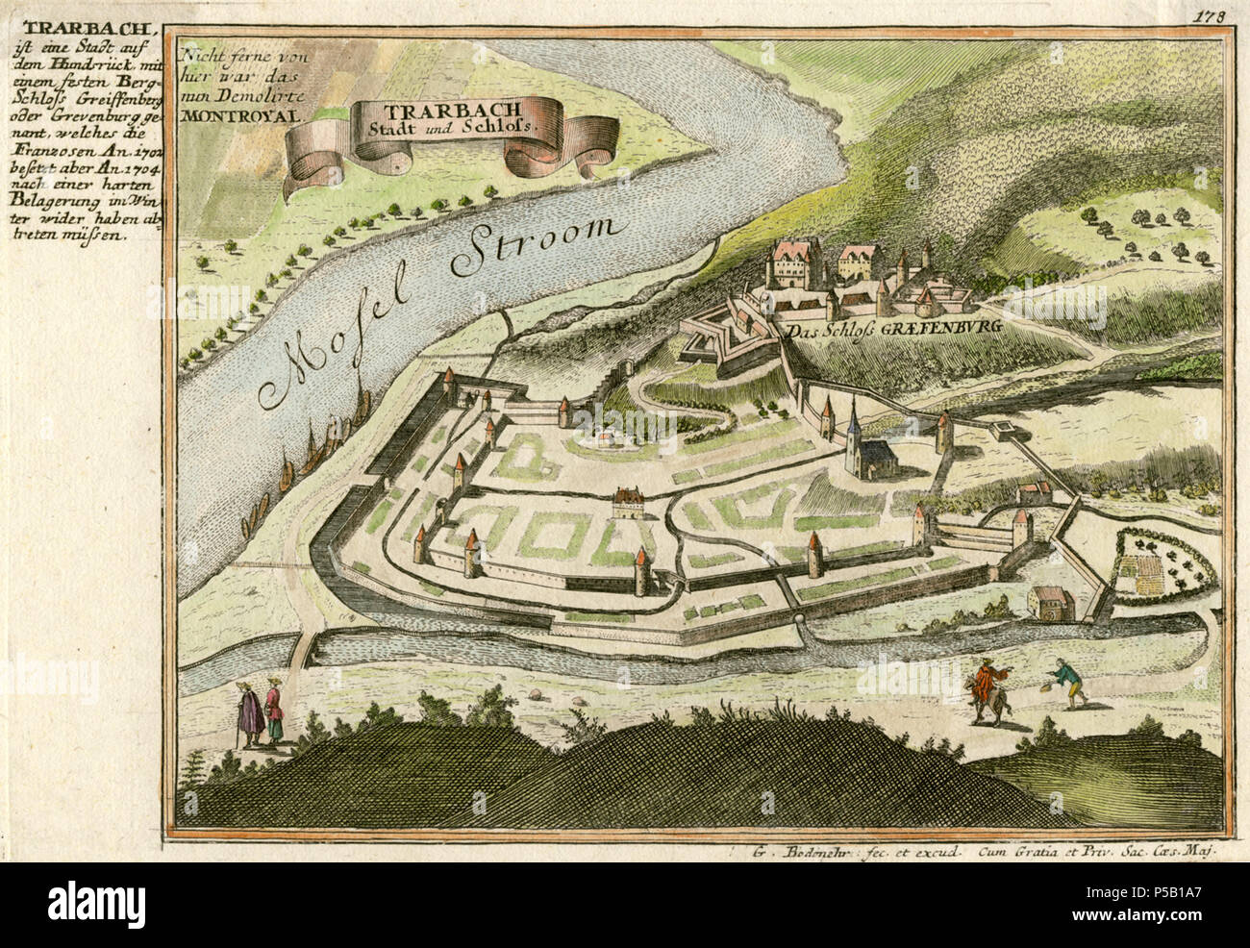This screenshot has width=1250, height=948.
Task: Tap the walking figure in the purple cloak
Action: pos(249,713)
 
